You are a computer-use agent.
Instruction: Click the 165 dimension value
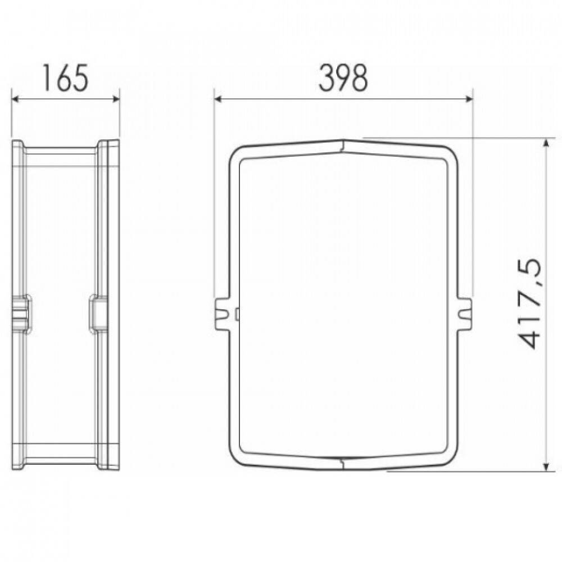[65, 78]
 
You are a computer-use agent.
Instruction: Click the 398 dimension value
[343, 78]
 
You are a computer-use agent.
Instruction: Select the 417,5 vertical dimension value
[528, 303]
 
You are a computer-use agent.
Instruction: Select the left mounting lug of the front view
[222, 314]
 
